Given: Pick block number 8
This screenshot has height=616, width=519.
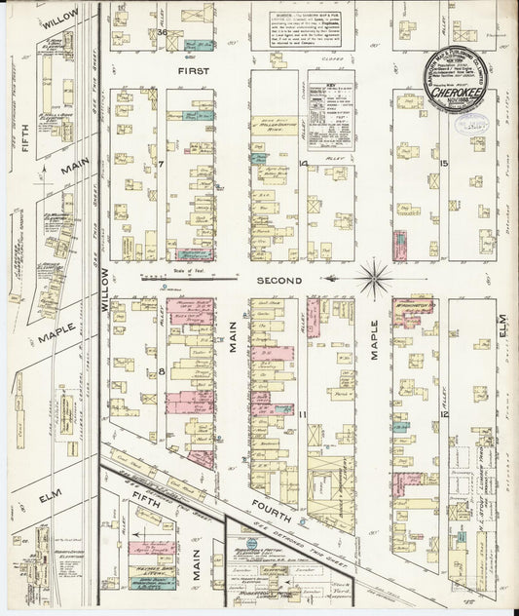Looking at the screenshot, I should [162, 371].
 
